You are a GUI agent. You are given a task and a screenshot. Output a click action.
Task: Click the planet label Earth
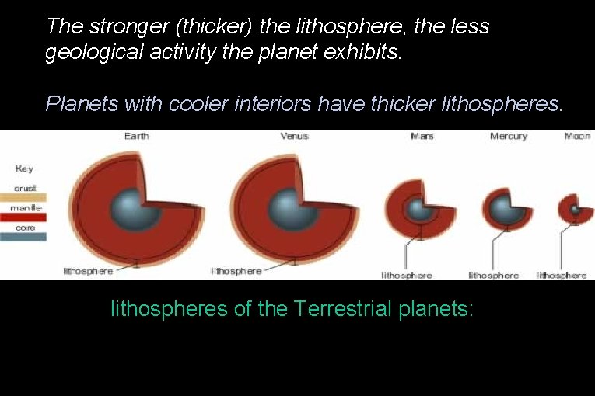point(136,137)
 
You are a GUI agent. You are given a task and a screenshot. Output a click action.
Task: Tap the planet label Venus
point(294,137)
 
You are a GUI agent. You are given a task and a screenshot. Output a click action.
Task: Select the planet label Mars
point(422,137)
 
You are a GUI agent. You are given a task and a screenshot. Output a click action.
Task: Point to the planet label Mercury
point(509,137)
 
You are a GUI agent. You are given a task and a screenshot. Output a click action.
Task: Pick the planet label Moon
point(577,137)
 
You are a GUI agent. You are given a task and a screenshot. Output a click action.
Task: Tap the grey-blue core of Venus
point(288,207)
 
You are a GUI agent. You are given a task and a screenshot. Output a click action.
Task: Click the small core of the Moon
point(576,209)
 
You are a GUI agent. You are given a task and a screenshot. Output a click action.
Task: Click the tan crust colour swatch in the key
point(23,198)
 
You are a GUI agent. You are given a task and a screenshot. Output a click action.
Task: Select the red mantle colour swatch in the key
point(23,217)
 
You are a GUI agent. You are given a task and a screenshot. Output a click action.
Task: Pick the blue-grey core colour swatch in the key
point(23,237)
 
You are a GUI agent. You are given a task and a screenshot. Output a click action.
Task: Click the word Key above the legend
point(23,168)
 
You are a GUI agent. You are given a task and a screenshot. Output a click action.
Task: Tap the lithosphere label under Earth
point(88,271)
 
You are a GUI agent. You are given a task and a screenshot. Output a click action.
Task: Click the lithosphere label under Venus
point(236,271)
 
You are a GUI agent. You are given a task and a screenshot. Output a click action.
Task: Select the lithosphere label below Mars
point(406,275)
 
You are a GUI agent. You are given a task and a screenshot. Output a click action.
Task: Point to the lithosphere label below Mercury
point(493,275)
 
